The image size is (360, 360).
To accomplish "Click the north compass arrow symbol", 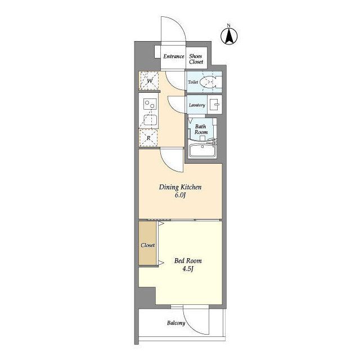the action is point(229,35).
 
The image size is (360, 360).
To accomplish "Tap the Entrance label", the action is point(174,56).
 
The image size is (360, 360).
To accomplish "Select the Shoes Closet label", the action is point(196,58).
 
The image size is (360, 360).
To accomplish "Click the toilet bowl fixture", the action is point(208,82).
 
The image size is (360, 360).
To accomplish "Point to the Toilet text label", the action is point(193,82).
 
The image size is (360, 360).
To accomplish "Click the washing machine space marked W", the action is point(149,80).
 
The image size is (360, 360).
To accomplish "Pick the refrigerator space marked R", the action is point(148,138).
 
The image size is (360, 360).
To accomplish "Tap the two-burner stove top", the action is point(150,104).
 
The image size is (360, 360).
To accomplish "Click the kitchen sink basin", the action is point(150,120).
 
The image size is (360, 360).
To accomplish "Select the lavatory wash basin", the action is point(215,105).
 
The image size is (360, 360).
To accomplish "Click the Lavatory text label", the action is point(197,105).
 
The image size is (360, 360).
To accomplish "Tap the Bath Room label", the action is point(201,129).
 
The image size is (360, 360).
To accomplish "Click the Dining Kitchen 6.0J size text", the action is point(180,195).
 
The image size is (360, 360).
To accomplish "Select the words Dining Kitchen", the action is point(180,187).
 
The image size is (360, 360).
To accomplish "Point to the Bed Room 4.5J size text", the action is point(188,268).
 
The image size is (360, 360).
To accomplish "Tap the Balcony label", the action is point(176,323).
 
